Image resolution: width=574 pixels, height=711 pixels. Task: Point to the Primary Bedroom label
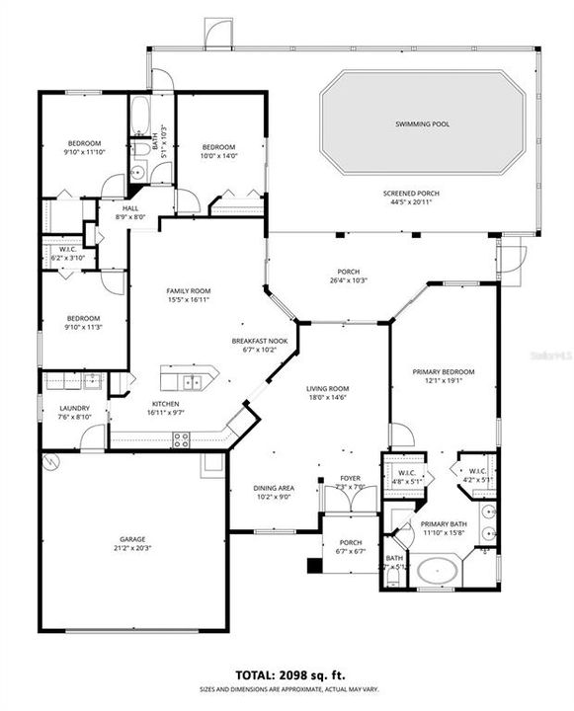coord(443,372)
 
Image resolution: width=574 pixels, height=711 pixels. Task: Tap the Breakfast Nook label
coord(259,341)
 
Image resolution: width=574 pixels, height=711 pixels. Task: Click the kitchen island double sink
coord(190,380)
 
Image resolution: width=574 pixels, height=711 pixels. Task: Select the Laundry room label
coord(75,408)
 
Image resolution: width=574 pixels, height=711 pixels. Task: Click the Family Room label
coord(189,291)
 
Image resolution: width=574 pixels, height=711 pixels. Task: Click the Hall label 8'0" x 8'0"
coord(130,209)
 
